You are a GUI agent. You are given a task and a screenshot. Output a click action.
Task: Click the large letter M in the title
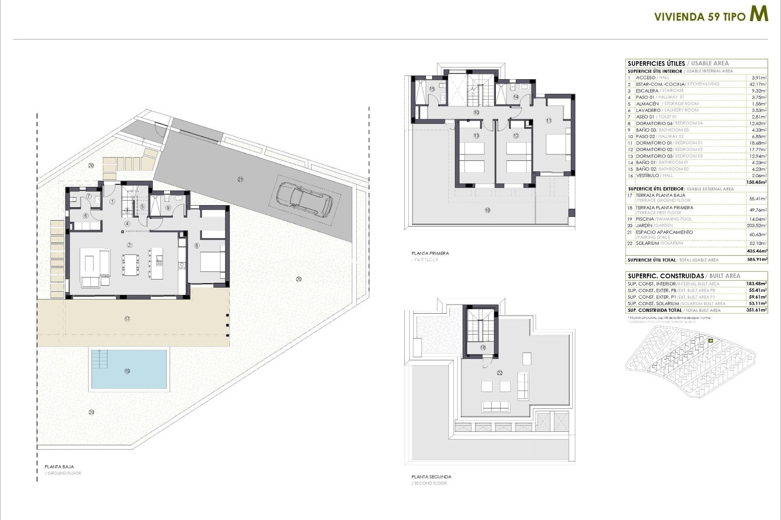[x=759, y=14]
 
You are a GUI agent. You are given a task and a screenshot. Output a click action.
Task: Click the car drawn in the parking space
[x=304, y=199]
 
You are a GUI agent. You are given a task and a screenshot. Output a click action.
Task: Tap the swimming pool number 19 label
[x=127, y=371]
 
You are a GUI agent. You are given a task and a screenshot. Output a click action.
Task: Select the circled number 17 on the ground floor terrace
[x=127, y=319]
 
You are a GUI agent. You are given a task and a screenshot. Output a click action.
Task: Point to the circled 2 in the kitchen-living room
[x=129, y=245]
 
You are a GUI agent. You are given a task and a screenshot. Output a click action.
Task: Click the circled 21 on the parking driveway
[x=240, y=179]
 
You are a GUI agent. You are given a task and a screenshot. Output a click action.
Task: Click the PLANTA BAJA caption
[x=59, y=467]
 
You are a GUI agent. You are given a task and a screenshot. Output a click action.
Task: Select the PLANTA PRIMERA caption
[x=430, y=253]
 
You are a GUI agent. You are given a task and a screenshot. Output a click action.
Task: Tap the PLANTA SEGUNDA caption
[x=431, y=477]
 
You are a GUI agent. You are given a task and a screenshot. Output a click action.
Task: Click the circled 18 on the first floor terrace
[x=487, y=210]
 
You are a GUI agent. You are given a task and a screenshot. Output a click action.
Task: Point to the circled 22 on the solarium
[x=500, y=373]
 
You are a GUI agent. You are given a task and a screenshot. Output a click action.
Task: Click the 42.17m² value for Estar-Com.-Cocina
[x=758, y=84]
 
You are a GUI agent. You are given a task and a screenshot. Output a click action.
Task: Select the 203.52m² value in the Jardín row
[x=757, y=225]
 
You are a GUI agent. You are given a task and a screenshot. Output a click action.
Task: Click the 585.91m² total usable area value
[x=757, y=260]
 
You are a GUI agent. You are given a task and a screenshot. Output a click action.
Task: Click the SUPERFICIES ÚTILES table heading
[x=656, y=63]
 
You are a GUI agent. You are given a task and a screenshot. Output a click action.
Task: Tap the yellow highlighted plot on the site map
[x=711, y=341]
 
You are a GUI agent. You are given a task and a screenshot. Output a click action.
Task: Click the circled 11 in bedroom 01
[x=549, y=121]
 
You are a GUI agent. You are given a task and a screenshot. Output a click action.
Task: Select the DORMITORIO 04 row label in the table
[x=654, y=123]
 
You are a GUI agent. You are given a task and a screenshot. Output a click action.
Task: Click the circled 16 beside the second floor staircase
[x=483, y=347]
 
